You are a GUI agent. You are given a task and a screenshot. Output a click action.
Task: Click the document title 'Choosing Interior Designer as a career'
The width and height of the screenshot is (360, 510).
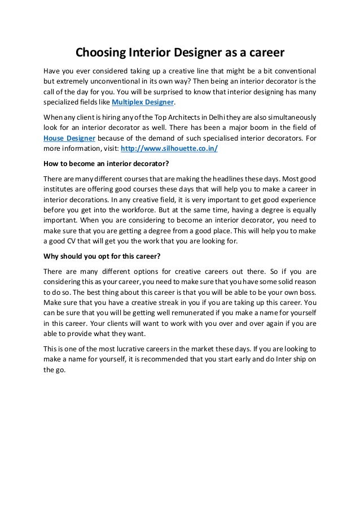click(x=180, y=54)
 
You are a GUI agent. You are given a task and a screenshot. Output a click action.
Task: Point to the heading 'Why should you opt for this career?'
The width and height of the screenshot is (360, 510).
click(x=102, y=255)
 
